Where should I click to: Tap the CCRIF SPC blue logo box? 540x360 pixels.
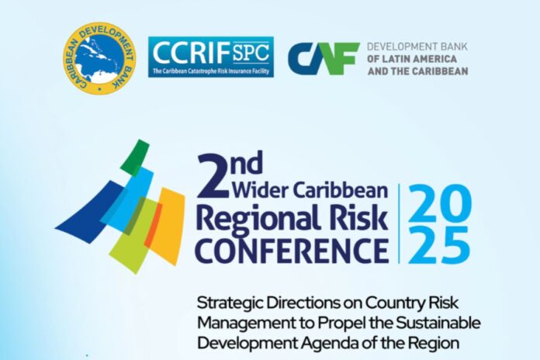[211, 57]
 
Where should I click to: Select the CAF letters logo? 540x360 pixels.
[324, 58]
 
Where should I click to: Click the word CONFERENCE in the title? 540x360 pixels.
[292, 249]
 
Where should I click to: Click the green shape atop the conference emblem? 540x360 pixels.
[135, 155]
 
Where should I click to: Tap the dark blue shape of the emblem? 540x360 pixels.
[90, 213]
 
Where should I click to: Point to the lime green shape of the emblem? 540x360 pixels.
[134, 236]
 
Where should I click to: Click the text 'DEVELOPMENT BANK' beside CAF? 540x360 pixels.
[417, 47]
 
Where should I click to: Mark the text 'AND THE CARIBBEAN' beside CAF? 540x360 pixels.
[417, 71]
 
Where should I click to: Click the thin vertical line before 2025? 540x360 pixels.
[399, 223]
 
